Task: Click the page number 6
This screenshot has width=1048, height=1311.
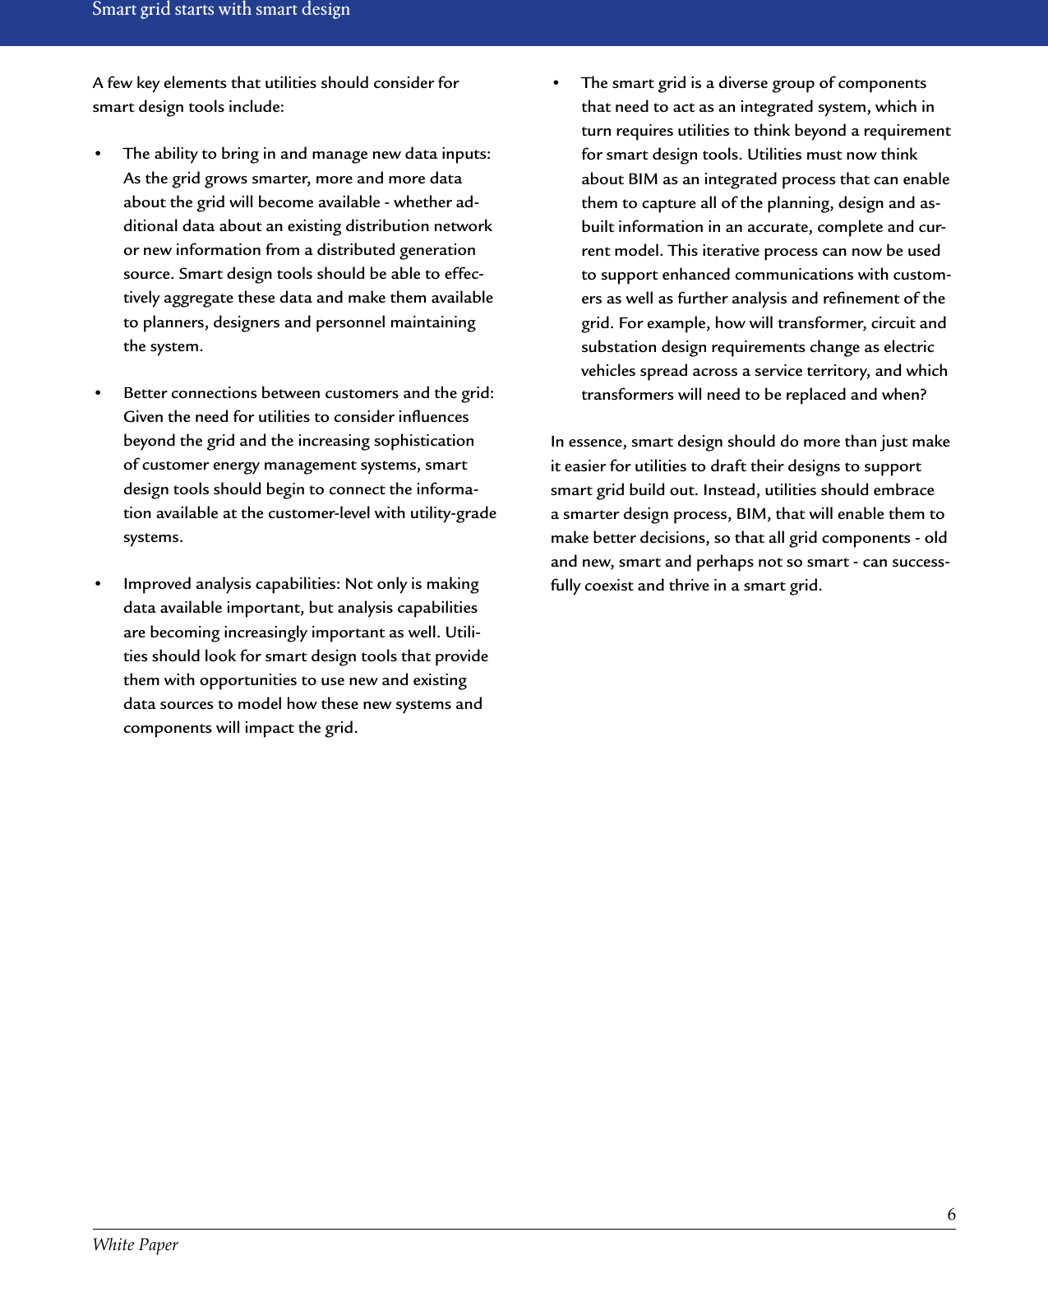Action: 951,1215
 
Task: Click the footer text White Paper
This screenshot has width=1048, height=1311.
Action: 135,1244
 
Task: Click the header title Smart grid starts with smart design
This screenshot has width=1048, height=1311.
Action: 221,10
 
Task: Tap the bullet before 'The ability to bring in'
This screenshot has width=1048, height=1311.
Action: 98,155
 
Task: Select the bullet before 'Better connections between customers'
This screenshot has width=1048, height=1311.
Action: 98,394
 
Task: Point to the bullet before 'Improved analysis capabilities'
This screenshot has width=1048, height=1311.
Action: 98,585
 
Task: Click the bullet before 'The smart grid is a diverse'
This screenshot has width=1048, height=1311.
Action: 556,84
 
